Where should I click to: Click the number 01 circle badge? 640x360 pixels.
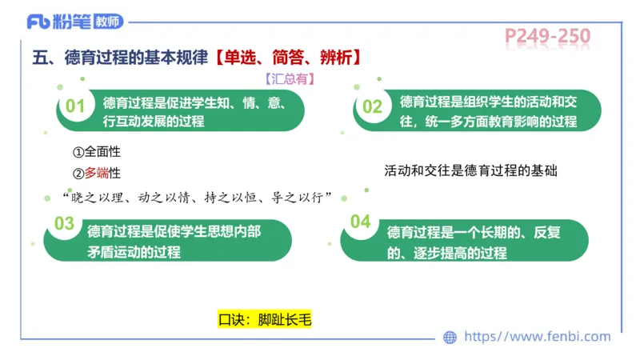(x=75, y=106)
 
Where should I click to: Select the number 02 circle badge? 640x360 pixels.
(x=373, y=107)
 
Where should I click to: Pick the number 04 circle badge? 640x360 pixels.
(x=361, y=222)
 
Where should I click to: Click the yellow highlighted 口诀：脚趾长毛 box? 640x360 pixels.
(x=264, y=319)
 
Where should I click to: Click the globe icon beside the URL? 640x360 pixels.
(x=450, y=338)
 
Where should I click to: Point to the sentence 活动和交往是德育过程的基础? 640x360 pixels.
(x=470, y=170)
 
